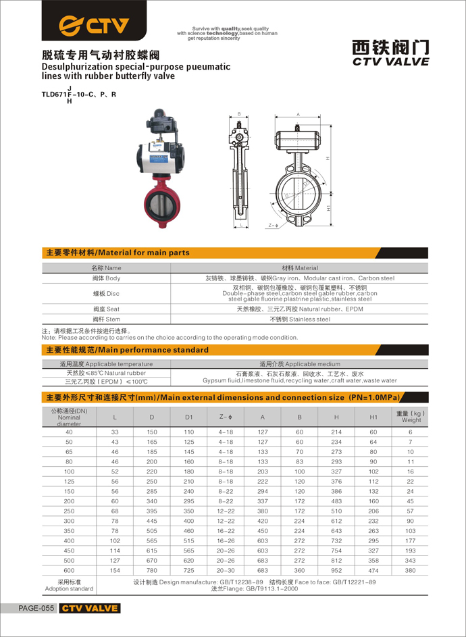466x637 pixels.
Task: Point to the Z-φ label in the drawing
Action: pos(273,225)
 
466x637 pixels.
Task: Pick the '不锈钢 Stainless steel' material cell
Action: pos(300,319)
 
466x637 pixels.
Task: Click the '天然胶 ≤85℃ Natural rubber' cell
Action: pos(105,373)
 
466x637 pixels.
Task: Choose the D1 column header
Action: pos(189,417)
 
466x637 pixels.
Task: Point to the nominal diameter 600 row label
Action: pos(70,570)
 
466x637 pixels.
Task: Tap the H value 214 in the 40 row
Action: pos(336,432)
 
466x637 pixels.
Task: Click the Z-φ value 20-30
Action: pos(226,570)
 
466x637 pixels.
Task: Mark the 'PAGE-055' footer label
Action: pos(36,609)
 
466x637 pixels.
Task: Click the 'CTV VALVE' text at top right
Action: pos(391,61)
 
